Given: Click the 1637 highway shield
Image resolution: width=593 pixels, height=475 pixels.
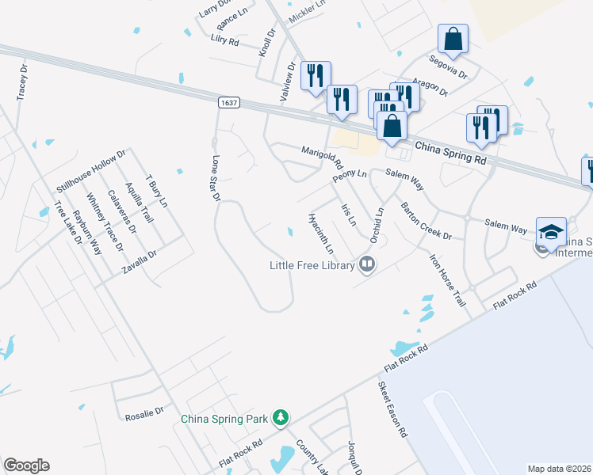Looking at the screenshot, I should tap(229, 102).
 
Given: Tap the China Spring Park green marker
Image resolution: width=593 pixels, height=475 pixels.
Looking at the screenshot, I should tap(280, 416).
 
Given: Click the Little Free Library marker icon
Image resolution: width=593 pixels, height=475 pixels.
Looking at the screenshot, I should tap(366, 264).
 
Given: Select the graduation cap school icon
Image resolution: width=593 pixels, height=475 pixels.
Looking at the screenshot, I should tap(551, 232).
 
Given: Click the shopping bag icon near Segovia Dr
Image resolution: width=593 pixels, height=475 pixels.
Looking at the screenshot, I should tap(453, 39).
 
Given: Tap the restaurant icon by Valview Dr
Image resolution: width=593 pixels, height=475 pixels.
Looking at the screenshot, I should tap(316, 76).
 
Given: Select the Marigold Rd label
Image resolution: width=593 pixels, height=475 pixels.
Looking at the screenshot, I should tap(320, 158).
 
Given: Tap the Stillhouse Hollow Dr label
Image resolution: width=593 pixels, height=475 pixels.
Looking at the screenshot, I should tap(92, 172).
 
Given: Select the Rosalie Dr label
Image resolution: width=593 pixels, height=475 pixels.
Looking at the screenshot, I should tap(143, 412).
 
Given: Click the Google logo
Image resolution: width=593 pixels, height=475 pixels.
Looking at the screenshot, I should tap(26, 465).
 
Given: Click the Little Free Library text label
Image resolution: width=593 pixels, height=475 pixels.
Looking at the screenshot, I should tap(312, 265).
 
